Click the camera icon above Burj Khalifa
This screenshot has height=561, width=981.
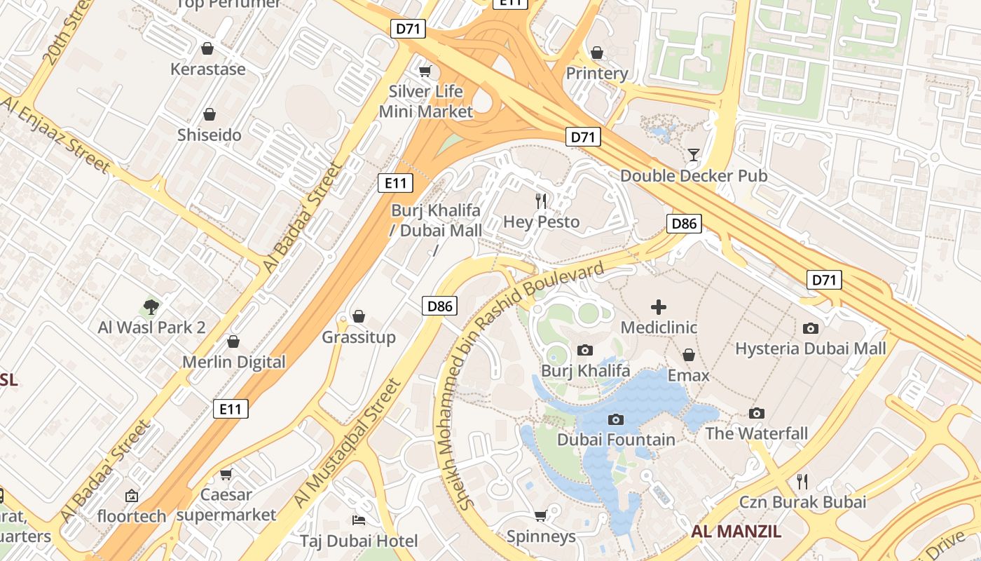584,350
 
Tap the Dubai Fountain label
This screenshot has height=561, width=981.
616,440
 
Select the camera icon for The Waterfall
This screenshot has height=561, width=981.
756,413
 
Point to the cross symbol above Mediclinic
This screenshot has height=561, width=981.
659,306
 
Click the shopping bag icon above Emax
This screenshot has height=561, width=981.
688,355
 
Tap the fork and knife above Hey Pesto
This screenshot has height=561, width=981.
541,201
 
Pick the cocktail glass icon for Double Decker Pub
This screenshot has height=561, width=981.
694,155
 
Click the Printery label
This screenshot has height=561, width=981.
596,73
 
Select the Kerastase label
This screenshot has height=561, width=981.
208,69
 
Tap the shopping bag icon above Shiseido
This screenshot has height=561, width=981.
209,114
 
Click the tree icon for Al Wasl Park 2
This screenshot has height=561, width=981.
151,306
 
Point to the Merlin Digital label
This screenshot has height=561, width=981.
234,362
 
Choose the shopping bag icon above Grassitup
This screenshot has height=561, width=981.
359,316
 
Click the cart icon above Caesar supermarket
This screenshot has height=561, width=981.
226,474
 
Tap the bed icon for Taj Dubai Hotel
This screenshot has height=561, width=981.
359,520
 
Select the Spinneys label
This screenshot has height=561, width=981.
541,536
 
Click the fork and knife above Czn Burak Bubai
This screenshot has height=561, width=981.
802,481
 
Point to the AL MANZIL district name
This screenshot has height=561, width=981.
736,531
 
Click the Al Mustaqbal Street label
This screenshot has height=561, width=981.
348,443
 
